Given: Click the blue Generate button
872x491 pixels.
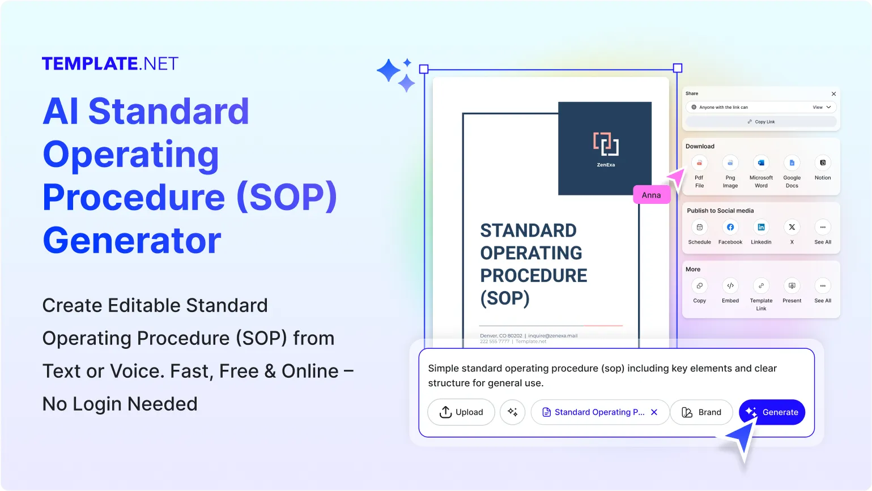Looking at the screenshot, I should click(772, 412).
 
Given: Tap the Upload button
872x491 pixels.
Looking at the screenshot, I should click(461, 412).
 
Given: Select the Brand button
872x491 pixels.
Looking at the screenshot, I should click(701, 412).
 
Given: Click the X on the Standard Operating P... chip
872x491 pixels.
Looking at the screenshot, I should click(654, 412).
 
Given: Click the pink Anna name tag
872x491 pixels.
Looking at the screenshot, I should click(651, 195).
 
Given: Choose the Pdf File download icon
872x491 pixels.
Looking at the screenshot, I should click(699, 163).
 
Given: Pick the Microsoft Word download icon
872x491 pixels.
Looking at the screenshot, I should click(761, 163).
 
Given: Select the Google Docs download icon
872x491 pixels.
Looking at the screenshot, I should click(792, 163).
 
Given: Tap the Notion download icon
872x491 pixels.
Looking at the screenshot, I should click(823, 163).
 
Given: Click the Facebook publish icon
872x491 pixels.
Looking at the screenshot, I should click(730, 227).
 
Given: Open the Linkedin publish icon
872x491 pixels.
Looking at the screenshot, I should click(761, 227).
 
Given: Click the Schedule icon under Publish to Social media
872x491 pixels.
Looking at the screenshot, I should click(699, 227).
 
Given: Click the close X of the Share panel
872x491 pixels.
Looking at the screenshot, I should click(833, 94).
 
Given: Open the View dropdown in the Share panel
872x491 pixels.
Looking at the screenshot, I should click(822, 107).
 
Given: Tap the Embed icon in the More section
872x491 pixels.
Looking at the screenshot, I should click(730, 286).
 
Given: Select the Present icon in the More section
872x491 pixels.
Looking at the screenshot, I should click(792, 286).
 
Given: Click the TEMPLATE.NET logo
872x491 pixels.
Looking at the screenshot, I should click(110, 63).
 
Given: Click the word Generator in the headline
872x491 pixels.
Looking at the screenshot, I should click(131, 241).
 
